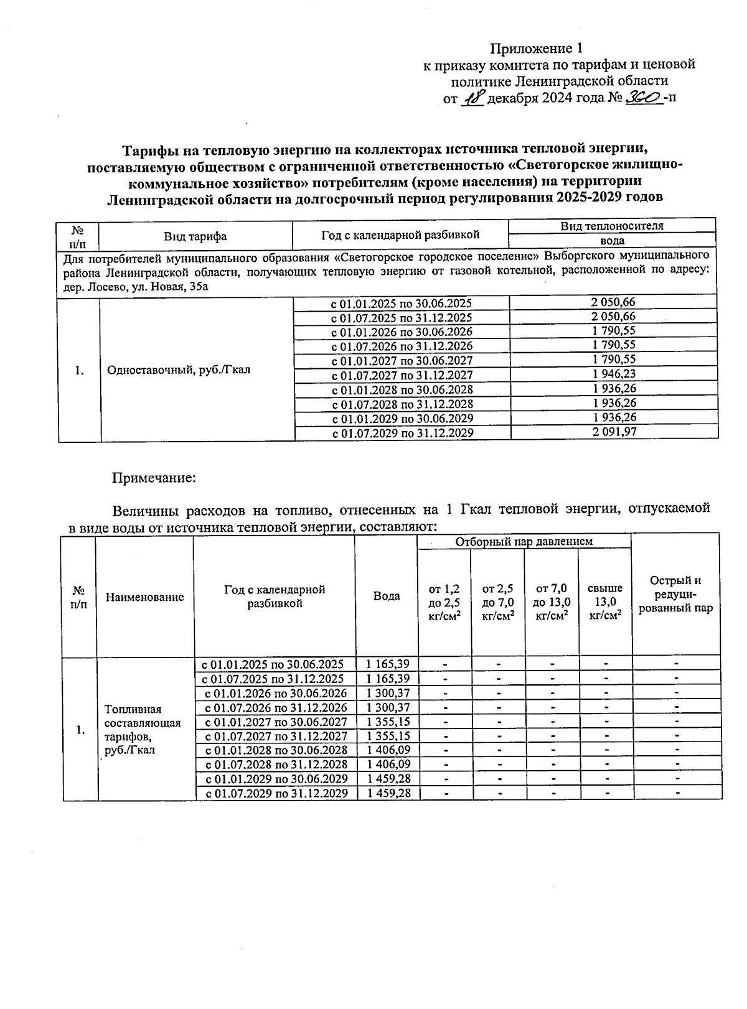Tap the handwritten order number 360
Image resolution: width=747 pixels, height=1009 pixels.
click(x=644, y=98)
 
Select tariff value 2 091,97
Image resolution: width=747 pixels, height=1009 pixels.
click(x=614, y=432)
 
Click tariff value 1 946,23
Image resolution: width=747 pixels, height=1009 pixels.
click(x=614, y=374)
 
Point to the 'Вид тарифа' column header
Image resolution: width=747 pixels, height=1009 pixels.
click(x=195, y=236)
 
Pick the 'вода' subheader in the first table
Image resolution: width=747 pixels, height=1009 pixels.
click(x=613, y=241)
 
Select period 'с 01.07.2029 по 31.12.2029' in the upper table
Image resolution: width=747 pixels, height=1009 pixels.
click(x=402, y=433)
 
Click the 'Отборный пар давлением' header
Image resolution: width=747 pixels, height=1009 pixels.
click(x=524, y=541)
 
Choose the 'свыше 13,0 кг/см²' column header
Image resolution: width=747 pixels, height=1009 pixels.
click(x=605, y=602)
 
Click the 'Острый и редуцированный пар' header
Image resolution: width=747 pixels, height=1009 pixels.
click(x=675, y=594)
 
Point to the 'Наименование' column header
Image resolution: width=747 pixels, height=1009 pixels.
click(x=144, y=597)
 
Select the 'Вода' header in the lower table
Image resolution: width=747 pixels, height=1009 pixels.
click(x=387, y=596)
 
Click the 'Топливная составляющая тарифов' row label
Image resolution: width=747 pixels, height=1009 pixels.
click(x=143, y=729)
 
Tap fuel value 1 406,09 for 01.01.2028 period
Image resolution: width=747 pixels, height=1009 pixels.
click(x=388, y=750)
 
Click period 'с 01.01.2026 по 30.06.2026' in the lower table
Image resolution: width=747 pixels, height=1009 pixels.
click(x=276, y=693)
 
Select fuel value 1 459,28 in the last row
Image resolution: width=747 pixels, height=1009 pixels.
click(x=388, y=793)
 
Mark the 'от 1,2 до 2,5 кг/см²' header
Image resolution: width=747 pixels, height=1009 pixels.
click(x=444, y=602)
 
